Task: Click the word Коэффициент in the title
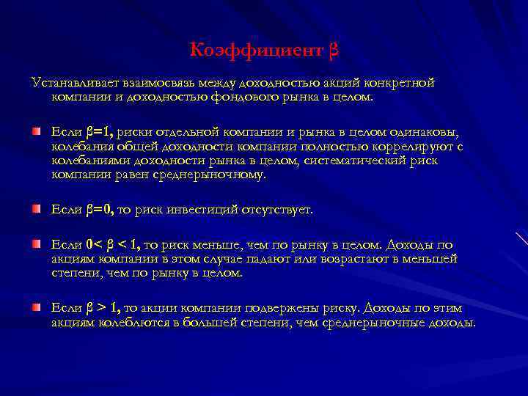[255, 51]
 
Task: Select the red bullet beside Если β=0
[36, 210]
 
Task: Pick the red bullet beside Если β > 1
[36, 307]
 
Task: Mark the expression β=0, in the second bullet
[99, 210]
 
